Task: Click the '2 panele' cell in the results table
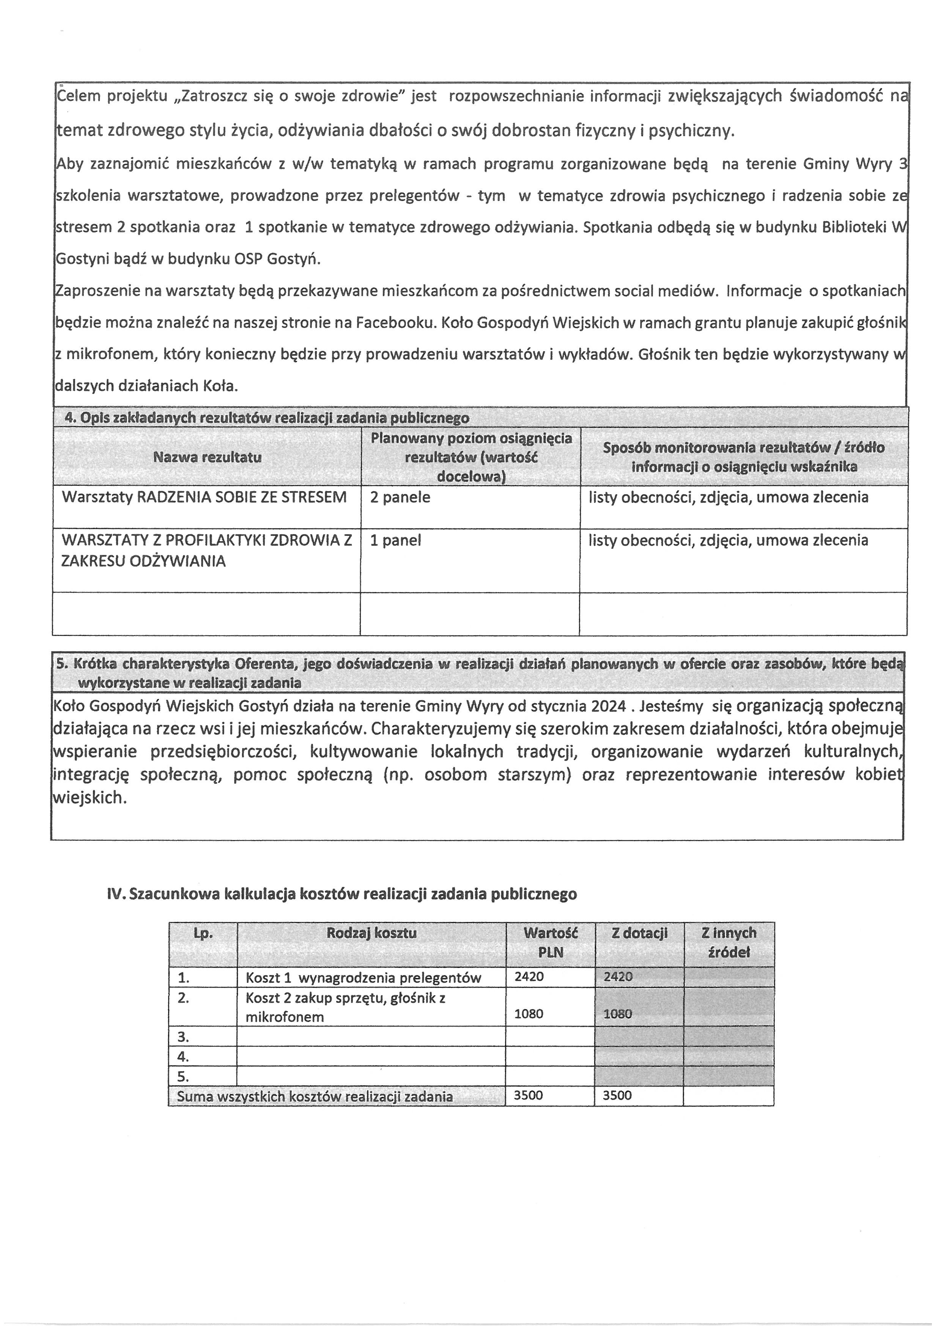400,498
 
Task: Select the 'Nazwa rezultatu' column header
207,457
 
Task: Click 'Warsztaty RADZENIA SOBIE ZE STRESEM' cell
204,498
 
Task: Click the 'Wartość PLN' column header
551,942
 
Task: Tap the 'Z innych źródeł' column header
729,942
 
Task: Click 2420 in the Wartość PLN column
529,977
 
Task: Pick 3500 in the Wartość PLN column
529,1095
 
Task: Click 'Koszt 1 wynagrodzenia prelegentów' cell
363,978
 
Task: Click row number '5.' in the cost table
184,1076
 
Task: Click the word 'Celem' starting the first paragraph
78,96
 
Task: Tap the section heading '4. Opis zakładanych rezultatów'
266,418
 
